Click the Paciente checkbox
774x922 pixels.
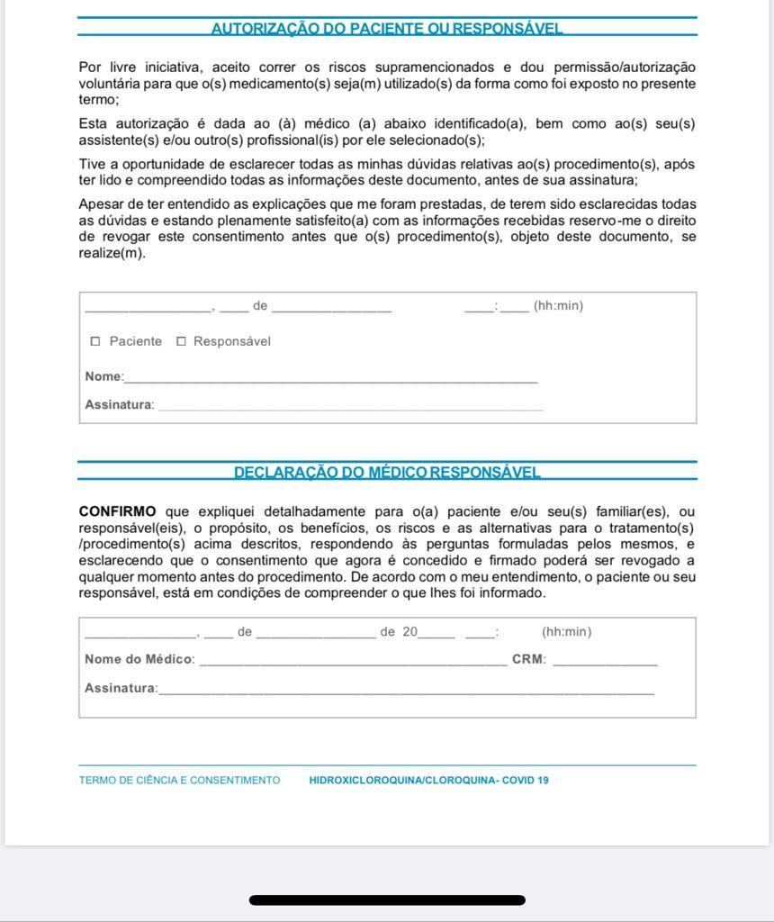95,341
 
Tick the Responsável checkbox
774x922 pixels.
181,341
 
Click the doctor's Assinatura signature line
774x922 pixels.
406,692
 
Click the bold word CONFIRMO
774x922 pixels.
117,511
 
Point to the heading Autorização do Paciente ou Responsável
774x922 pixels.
387,28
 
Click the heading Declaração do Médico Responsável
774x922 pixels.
387,472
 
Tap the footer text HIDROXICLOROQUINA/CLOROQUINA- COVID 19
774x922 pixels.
428,781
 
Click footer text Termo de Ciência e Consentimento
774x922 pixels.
179,781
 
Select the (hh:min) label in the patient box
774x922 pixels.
558,306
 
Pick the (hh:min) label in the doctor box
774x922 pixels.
566,632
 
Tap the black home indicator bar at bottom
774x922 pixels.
387,899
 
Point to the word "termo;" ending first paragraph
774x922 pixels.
98,100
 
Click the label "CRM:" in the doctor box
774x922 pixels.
528,659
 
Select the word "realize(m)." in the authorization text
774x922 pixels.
112,253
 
